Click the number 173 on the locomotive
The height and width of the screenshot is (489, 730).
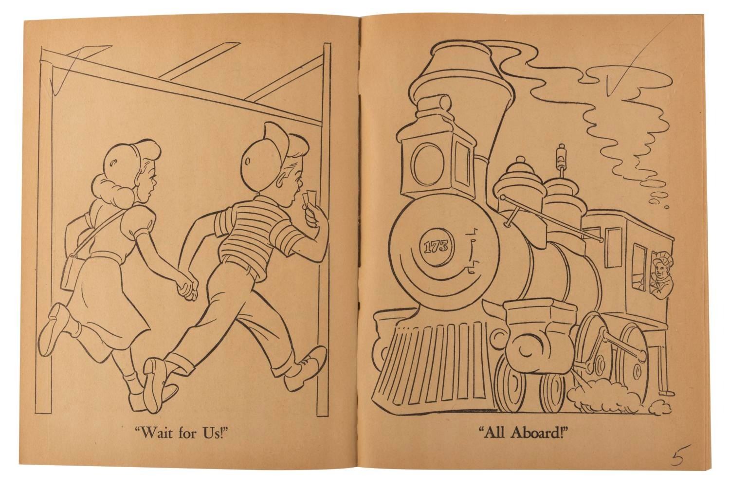click(435, 247)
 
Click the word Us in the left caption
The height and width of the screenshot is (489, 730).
click(214, 434)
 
